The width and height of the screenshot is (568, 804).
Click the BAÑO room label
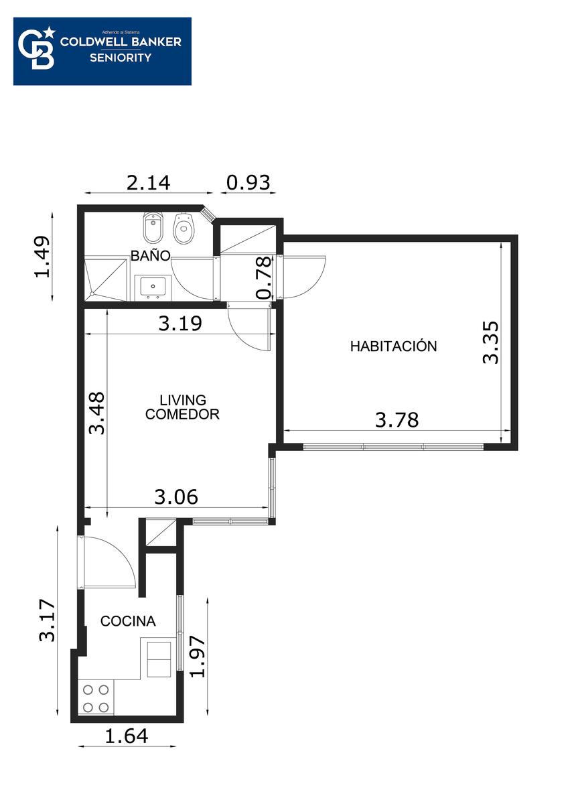point(150,255)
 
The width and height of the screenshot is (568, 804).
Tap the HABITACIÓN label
point(393,346)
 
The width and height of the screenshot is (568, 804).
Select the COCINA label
point(128,621)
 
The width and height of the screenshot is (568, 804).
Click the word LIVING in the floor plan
point(183,400)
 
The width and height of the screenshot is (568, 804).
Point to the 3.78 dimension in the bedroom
point(397,420)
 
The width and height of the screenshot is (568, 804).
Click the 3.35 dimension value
point(490,342)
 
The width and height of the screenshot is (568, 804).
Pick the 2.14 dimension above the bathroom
point(148,182)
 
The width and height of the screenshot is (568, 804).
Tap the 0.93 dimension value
point(248,182)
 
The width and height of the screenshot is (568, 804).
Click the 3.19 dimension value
point(180,324)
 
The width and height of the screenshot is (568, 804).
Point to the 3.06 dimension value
point(176,497)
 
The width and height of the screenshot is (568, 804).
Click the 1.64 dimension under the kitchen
point(127,736)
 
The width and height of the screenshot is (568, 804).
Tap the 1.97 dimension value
point(198,657)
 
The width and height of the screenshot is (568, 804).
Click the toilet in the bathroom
point(184,228)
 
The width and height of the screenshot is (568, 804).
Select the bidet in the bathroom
point(153,227)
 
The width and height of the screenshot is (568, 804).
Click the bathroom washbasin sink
point(153,287)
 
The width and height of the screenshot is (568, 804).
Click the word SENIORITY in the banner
point(121,58)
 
